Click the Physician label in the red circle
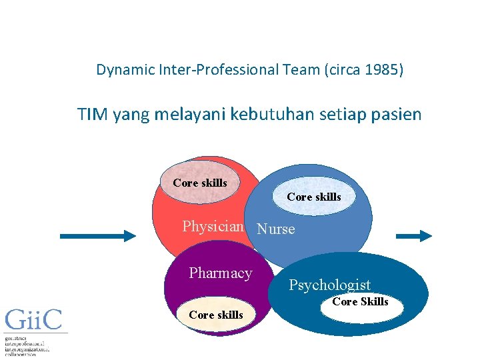[213, 227]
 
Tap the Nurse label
[275, 229]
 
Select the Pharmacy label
[221, 273]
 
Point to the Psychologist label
[329, 285]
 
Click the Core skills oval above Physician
[200, 183]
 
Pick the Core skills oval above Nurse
[314, 197]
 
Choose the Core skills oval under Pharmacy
[216, 315]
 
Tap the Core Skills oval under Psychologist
[360, 302]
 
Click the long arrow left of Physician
[97, 235]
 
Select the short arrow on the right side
[414, 235]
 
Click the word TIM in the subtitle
[93, 114]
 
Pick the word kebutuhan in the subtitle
[270, 114]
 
